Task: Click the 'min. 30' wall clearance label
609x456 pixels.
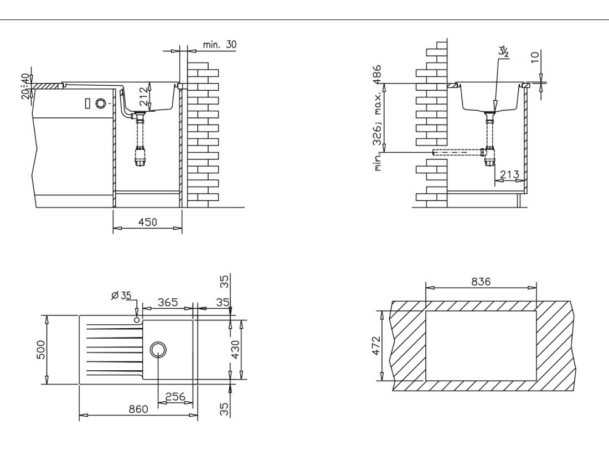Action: [x=219, y=45]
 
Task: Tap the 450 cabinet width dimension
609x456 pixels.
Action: [x=148, y=222]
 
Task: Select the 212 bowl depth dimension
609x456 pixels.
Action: [x=143, y=97]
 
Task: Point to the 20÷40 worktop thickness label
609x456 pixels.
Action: [x=25, y=86]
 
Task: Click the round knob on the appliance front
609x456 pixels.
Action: [x=100, y=103]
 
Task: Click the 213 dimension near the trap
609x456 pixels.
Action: [x=509, y=175]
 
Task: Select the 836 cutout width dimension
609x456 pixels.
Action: [x=481, y=281]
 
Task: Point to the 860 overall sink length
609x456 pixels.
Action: [x=138, y=409]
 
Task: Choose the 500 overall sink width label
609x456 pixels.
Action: [x=41, y=350]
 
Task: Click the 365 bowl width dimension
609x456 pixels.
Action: [x=168, y=302]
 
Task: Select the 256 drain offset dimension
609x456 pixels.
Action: [x=176, y=397]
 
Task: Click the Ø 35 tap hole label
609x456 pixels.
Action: [x=121, y=296]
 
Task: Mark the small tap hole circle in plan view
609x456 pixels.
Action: [x=136, y=319]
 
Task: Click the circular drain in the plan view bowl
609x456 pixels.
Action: [x=158, y=350]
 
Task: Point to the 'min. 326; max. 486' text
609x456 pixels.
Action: [x=378, y=118]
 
